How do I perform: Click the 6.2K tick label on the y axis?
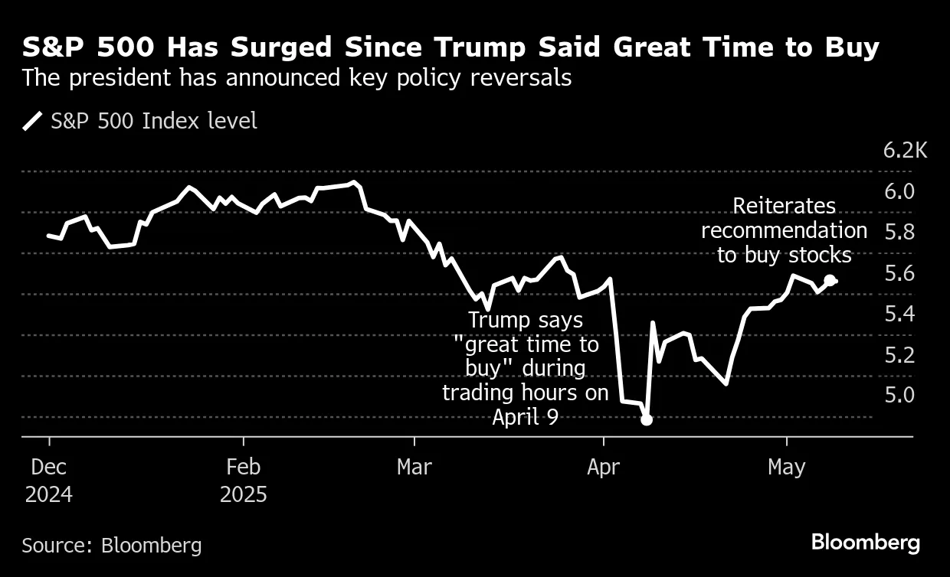tap(905, 150)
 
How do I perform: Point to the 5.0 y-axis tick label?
tap(899, 395)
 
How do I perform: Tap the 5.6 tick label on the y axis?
tap(899, 273)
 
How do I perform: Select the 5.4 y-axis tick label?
tap(899, 314)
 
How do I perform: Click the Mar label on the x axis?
tap(414, 467)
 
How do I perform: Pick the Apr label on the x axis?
tap(604, 467)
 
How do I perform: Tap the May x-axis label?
tap(787, 467)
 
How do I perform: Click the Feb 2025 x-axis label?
tap(244, 480)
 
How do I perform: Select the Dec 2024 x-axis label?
tap(49, 480)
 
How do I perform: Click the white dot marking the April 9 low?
tap(646, 419)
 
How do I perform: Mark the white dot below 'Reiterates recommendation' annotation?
tap(829, 280)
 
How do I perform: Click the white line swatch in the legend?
tap(32, 121)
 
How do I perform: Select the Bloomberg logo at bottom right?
tap(865, 543)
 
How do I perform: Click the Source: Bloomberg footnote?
tap(112, 546)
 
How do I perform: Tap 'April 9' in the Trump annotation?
tap(526, 417)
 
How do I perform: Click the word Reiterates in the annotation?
tap(784, 206)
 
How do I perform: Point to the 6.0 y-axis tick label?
tap(899, 191)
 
